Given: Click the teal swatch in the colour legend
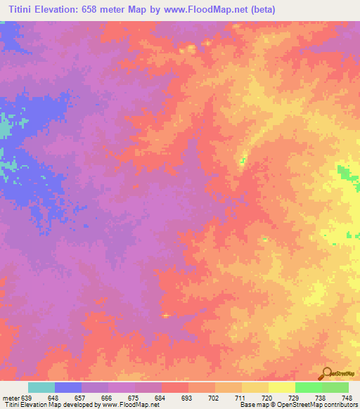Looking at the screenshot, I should coord(41,387).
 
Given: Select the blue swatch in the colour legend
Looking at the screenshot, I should coord(68,387).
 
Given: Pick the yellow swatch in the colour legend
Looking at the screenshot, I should coord(281,387).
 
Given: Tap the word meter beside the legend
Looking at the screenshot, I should coord(11,398).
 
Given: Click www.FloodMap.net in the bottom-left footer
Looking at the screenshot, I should coord(137,405).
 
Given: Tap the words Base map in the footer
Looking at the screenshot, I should coord(252,405).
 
